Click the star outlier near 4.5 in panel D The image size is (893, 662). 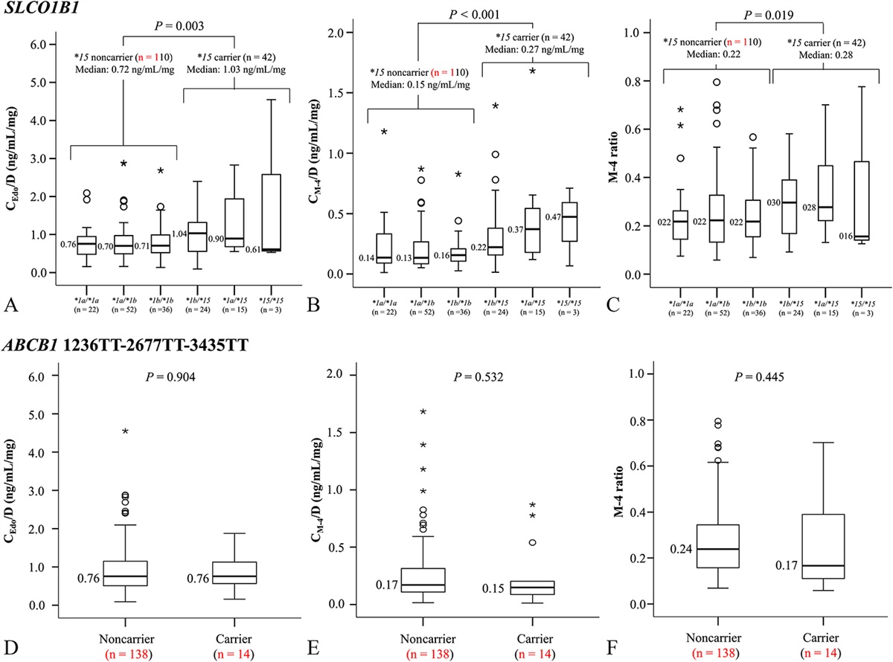[126, 431]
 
